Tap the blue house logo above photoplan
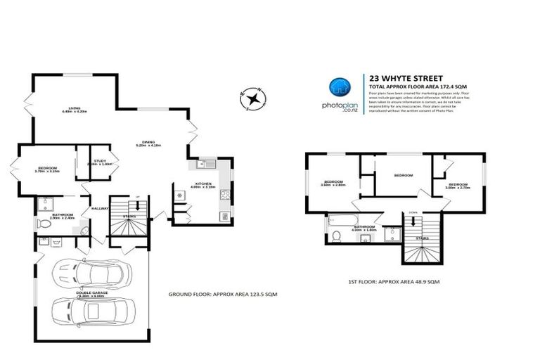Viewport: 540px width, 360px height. tap(340, 86)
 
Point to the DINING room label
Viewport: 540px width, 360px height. tap(148, 143)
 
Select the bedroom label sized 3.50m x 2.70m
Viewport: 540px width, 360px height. tap(457, 186)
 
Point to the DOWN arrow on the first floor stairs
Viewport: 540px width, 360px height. tap(414, 212)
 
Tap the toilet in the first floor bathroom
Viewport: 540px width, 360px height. tap(337, 235)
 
